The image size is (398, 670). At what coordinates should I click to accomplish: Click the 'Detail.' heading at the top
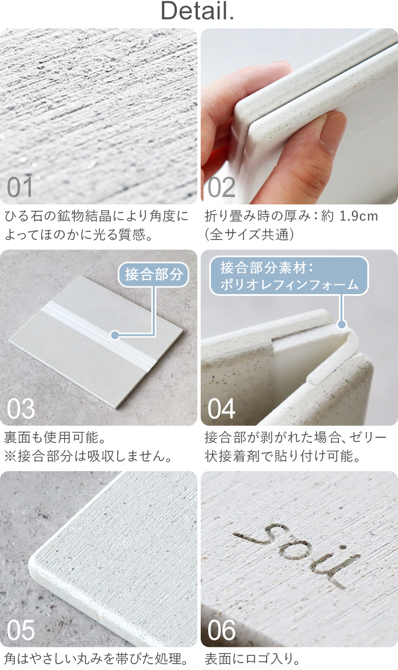click(197, 11)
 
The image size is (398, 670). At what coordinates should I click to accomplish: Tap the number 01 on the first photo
click(20, 187)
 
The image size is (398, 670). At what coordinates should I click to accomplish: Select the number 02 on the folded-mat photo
click(221, 187)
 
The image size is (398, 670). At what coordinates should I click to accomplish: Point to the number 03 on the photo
click(20, 408)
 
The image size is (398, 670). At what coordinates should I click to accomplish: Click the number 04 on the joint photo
click(221, 408)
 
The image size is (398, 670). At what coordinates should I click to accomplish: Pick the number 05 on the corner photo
click(20, 630)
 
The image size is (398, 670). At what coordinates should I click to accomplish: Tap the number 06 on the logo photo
click(221, 630)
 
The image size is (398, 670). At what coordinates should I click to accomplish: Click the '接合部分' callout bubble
click(154, 274)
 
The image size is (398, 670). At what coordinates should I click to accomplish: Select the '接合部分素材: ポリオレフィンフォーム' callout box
click(289, 275)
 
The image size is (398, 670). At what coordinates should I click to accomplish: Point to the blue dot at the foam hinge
click(342, 324)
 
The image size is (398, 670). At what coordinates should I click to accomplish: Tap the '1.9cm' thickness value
click(359, 216)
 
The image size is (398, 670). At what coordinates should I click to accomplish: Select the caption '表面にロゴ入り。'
click(253, 659)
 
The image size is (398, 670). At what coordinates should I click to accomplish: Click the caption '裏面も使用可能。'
click(55, 438)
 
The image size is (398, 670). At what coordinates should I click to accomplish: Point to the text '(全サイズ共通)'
click(249, 235)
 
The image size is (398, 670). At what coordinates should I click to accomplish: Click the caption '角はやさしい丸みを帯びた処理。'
click(96, 659)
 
